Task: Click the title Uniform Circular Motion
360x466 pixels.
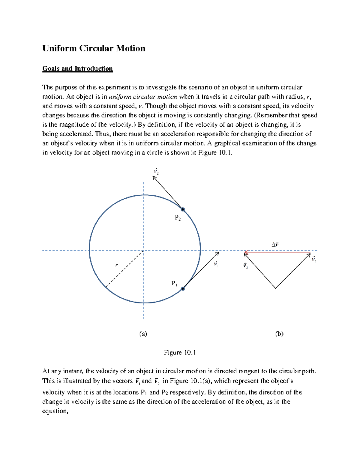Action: click(94, 48)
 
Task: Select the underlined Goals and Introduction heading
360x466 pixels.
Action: click(77, 69)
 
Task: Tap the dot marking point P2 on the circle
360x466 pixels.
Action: click(182, 209)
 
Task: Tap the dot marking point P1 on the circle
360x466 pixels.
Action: click(182, 289)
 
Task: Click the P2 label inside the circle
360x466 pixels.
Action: click(178, 218)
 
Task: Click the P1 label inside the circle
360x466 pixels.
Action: click(174, 283)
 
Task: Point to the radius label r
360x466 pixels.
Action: click(116, 265)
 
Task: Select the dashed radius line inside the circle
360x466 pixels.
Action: click(124, 269)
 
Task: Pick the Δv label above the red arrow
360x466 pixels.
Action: click(275, 245)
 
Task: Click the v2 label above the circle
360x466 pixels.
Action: click(156, 171)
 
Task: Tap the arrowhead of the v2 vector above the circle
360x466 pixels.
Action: click(154, 177)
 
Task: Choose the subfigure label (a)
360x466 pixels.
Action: click(143, 334)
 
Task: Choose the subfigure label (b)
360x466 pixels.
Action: click(279, 334)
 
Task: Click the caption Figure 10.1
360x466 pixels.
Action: click(180, 352)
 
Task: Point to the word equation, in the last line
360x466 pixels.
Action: click(55, 411)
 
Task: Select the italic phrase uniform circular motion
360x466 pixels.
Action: click(143, 97)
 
